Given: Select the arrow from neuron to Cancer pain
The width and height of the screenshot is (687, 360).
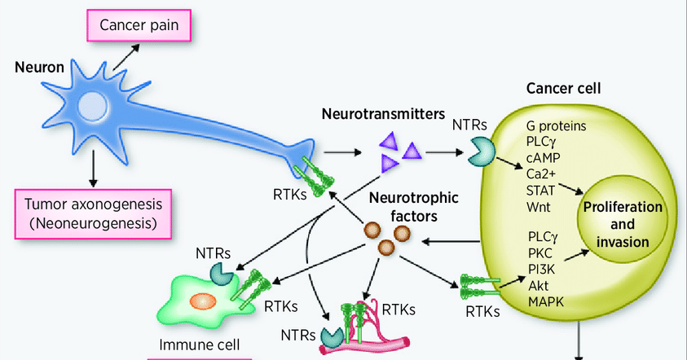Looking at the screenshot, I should click(126, 57).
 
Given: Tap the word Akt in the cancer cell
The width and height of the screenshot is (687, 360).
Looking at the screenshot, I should click(539, 285).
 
